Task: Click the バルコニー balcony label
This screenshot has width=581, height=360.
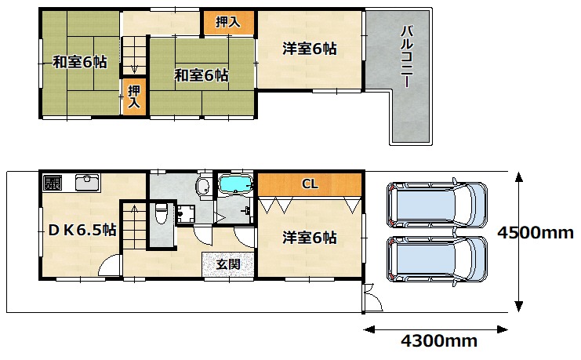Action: point(407,56)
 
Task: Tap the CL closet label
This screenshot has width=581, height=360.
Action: point(310,184)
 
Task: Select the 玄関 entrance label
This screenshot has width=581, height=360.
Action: point(228,264)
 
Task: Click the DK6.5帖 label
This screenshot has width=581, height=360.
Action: point(82,231)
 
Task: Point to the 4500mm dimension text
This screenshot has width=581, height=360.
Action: point(536,233)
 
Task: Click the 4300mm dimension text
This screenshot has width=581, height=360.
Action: point(439,340)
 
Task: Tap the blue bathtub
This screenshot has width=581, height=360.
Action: point(235,184)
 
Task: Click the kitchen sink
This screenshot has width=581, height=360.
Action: point(87,182)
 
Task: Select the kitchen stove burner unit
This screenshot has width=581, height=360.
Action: point(53,183)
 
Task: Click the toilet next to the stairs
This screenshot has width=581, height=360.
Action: point(161,213)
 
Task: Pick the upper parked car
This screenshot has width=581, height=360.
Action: point(437,204)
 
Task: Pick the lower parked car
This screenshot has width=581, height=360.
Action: point(437,260)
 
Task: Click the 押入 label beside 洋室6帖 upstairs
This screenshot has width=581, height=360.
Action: point(228,22)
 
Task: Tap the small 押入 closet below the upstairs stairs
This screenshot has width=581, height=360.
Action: point(134,96)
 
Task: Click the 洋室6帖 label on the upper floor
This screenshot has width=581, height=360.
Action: point(310,49)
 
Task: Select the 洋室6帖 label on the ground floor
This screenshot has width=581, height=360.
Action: point(310,238)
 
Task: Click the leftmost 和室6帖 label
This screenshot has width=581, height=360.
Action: point(80,62)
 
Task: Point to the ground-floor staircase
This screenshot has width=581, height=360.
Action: point(134,226)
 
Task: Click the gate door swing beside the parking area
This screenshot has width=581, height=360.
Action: point(373,298)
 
